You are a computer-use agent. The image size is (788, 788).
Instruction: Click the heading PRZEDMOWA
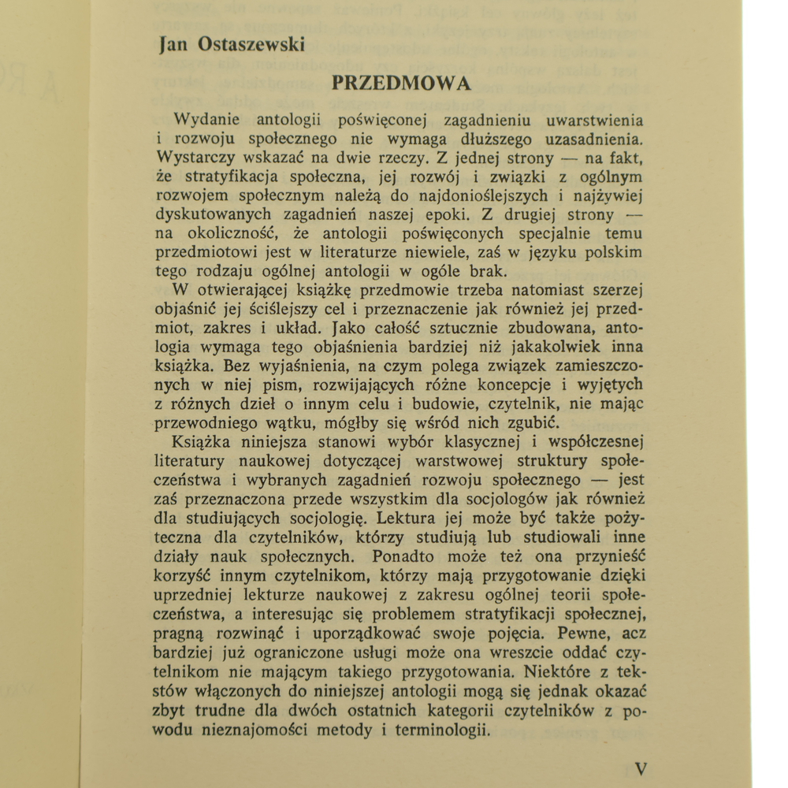click(x=400, y=83)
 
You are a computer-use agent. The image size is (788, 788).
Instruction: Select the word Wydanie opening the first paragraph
click(x=207, y=120)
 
